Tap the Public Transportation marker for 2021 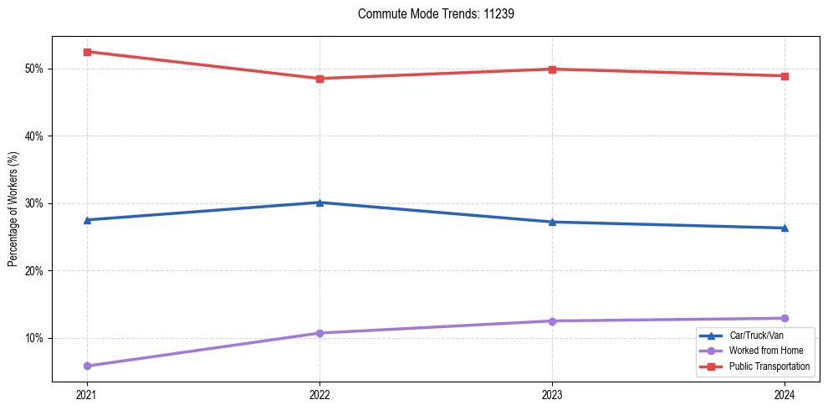tap(87, 52)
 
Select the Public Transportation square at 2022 tap(319, 79)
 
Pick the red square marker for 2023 tap(552, 69)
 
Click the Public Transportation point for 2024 tap(785, 76)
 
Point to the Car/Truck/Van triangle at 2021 tap(87, 220)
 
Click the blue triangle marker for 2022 tap(319, 202)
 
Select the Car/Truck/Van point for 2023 tap(552, 222)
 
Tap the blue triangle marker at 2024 tap(785, 228)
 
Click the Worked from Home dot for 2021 tap(87, 366)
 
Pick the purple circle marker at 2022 tap(319, 333)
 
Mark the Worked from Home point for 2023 tap(552, 321)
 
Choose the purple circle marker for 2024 tap(785, 318)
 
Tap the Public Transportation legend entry tap(769, 366)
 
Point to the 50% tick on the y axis tap(36, 69)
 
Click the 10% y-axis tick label tap(36, 338)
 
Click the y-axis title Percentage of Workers tap(13, 209)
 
